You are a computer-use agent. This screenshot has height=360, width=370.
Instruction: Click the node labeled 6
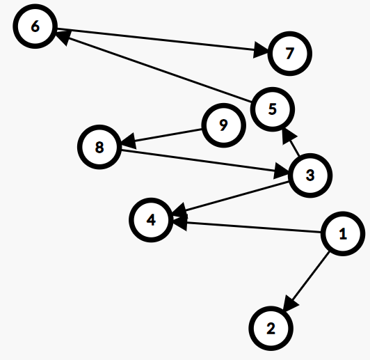point(35,26)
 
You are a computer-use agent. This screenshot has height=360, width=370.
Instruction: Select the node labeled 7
point(290,54)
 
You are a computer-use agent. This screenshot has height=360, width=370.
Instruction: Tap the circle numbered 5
point(273,109)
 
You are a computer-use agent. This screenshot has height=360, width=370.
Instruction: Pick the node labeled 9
point(223,125)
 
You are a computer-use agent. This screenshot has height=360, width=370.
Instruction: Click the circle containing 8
point(99,147)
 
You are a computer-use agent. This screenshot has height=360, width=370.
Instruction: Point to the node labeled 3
point(310,175)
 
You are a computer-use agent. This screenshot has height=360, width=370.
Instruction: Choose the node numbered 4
point(151,220)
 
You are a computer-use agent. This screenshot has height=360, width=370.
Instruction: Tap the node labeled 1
point(343,234)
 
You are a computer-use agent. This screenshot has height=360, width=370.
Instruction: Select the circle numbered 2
point(271,329)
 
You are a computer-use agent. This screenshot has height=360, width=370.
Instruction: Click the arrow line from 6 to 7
point(162,40)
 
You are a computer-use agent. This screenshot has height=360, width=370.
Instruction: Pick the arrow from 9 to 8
point(161,136)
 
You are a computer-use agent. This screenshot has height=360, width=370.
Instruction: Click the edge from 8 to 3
point(204,162)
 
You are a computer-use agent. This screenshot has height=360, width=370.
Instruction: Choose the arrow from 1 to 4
point(247,227)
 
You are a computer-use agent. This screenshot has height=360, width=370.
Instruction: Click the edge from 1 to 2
point(306,281)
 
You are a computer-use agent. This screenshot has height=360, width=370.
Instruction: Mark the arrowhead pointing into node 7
point(261,49)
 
